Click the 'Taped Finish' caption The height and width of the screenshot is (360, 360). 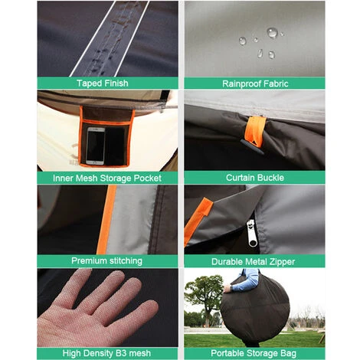pyautogui.click(x=103, y=83)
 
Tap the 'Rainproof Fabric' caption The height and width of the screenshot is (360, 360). pyautogui.click(x=255, y=83)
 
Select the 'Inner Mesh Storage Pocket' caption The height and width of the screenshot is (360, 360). pyautogui.click(x=107, y=178)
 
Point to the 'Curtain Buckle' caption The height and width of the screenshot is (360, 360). pyautogui.click(x=255, y=178)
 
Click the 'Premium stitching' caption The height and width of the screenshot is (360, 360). pyautogui.click(x=106, y=260)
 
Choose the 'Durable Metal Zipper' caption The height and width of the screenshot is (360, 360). pyautogui.click(x=253, y=261)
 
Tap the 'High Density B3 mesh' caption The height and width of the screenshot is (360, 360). pyautogui.click(x=106, y=353)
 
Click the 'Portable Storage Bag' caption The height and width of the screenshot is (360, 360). pyautogui.click(x=254, y=353)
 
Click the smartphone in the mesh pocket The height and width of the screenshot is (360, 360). pyautogui.click(x=96, y=146)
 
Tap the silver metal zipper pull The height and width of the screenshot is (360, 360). pyautogui.click(x=252, y=233)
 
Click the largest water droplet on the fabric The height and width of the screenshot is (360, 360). pyautogui.click(x=272, y=33)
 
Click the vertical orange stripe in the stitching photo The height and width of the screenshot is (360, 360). pyautogui.click(x=106, y=220)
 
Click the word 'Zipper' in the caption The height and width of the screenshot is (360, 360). pyautogui.click(x=282, y=262)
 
